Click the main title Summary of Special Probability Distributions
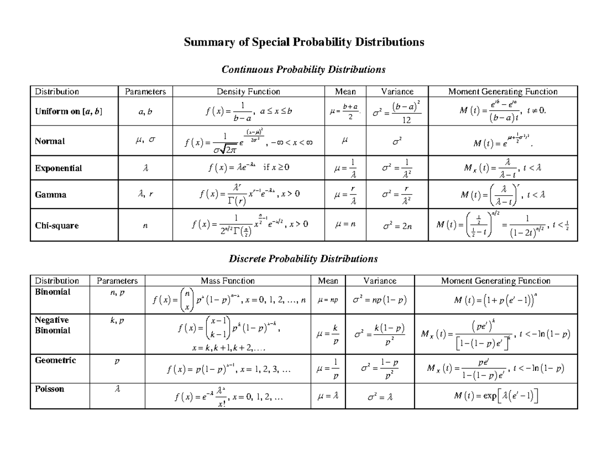coord(303,42)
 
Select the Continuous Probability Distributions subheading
coord(303,69)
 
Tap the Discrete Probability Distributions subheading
coord(303,259)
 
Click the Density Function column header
coord(248,92)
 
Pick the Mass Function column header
coord(227,280)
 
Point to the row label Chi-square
coord(57,226)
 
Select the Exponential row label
coord(58,168)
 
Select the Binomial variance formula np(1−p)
coord(379,300)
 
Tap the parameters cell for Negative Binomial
coord(117,321)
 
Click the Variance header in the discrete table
coord(379,280)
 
